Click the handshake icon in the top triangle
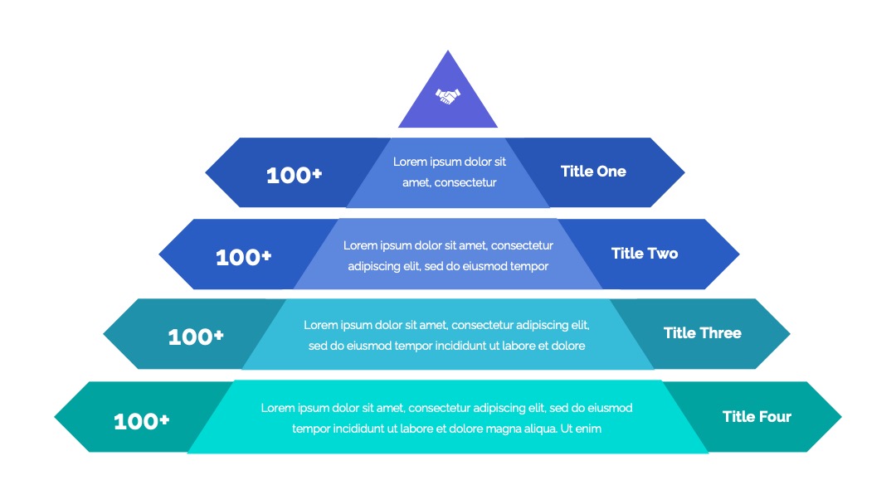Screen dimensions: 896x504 coord(448,96)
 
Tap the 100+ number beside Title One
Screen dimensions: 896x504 coord(295,175)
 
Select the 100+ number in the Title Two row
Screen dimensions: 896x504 coord(243,257)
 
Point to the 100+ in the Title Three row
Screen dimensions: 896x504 coord(196,337)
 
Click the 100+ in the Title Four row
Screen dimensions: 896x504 coord(142,421)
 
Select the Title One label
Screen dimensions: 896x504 coord(593,172)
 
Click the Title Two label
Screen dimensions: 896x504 coord(645,254)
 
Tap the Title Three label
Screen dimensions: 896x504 coord(703,332)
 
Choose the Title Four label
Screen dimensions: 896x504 coord(757,417)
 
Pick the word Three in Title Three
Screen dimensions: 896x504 coord(720,332)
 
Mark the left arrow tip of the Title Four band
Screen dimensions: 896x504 coord(55,417)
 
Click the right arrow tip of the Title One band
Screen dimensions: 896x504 coord(684,172)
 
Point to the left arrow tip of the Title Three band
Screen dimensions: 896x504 coord(104,334)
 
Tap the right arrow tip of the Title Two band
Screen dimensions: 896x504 coord(739,254)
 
